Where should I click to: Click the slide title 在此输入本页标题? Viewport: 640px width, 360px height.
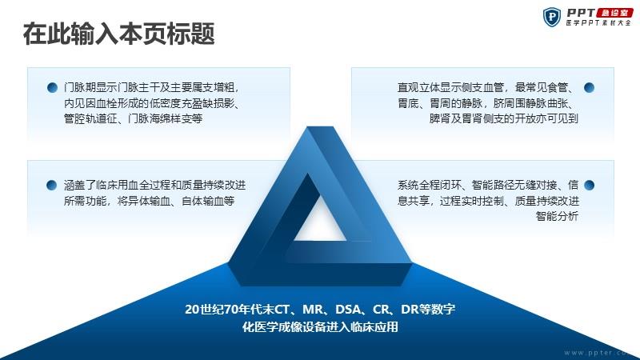pyautogui.click(x=118, y=34)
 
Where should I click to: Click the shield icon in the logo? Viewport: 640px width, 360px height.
pyautogui.click(x=552, y=17)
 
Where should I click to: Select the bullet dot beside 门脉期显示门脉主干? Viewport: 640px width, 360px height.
pyautogui.click(x=52, y=87)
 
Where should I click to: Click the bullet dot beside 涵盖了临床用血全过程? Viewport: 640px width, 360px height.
pyautogui.click(x=52, y=186)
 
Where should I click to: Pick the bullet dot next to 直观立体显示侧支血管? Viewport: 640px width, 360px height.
pyautogui.click(x=589, y=87)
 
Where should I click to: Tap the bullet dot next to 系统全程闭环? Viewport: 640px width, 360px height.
pyautogui.click(x=589, y=186)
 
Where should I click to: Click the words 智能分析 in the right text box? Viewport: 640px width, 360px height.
pyautogui.click(x=557, y=216)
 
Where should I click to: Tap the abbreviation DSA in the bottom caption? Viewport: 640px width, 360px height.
pyautogui.click(x=348, y=310)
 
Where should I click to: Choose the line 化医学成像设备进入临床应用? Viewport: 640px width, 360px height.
pyautogui.click(x=320, y=327)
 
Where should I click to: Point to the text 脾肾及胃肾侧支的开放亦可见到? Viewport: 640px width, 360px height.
pyautogui.click(x=504, y=118)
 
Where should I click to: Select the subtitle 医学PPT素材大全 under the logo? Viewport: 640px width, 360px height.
pyautogui.click(x=598, y=23)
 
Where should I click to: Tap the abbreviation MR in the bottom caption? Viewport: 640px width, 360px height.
pyautogui.click(x=313, y=310)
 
